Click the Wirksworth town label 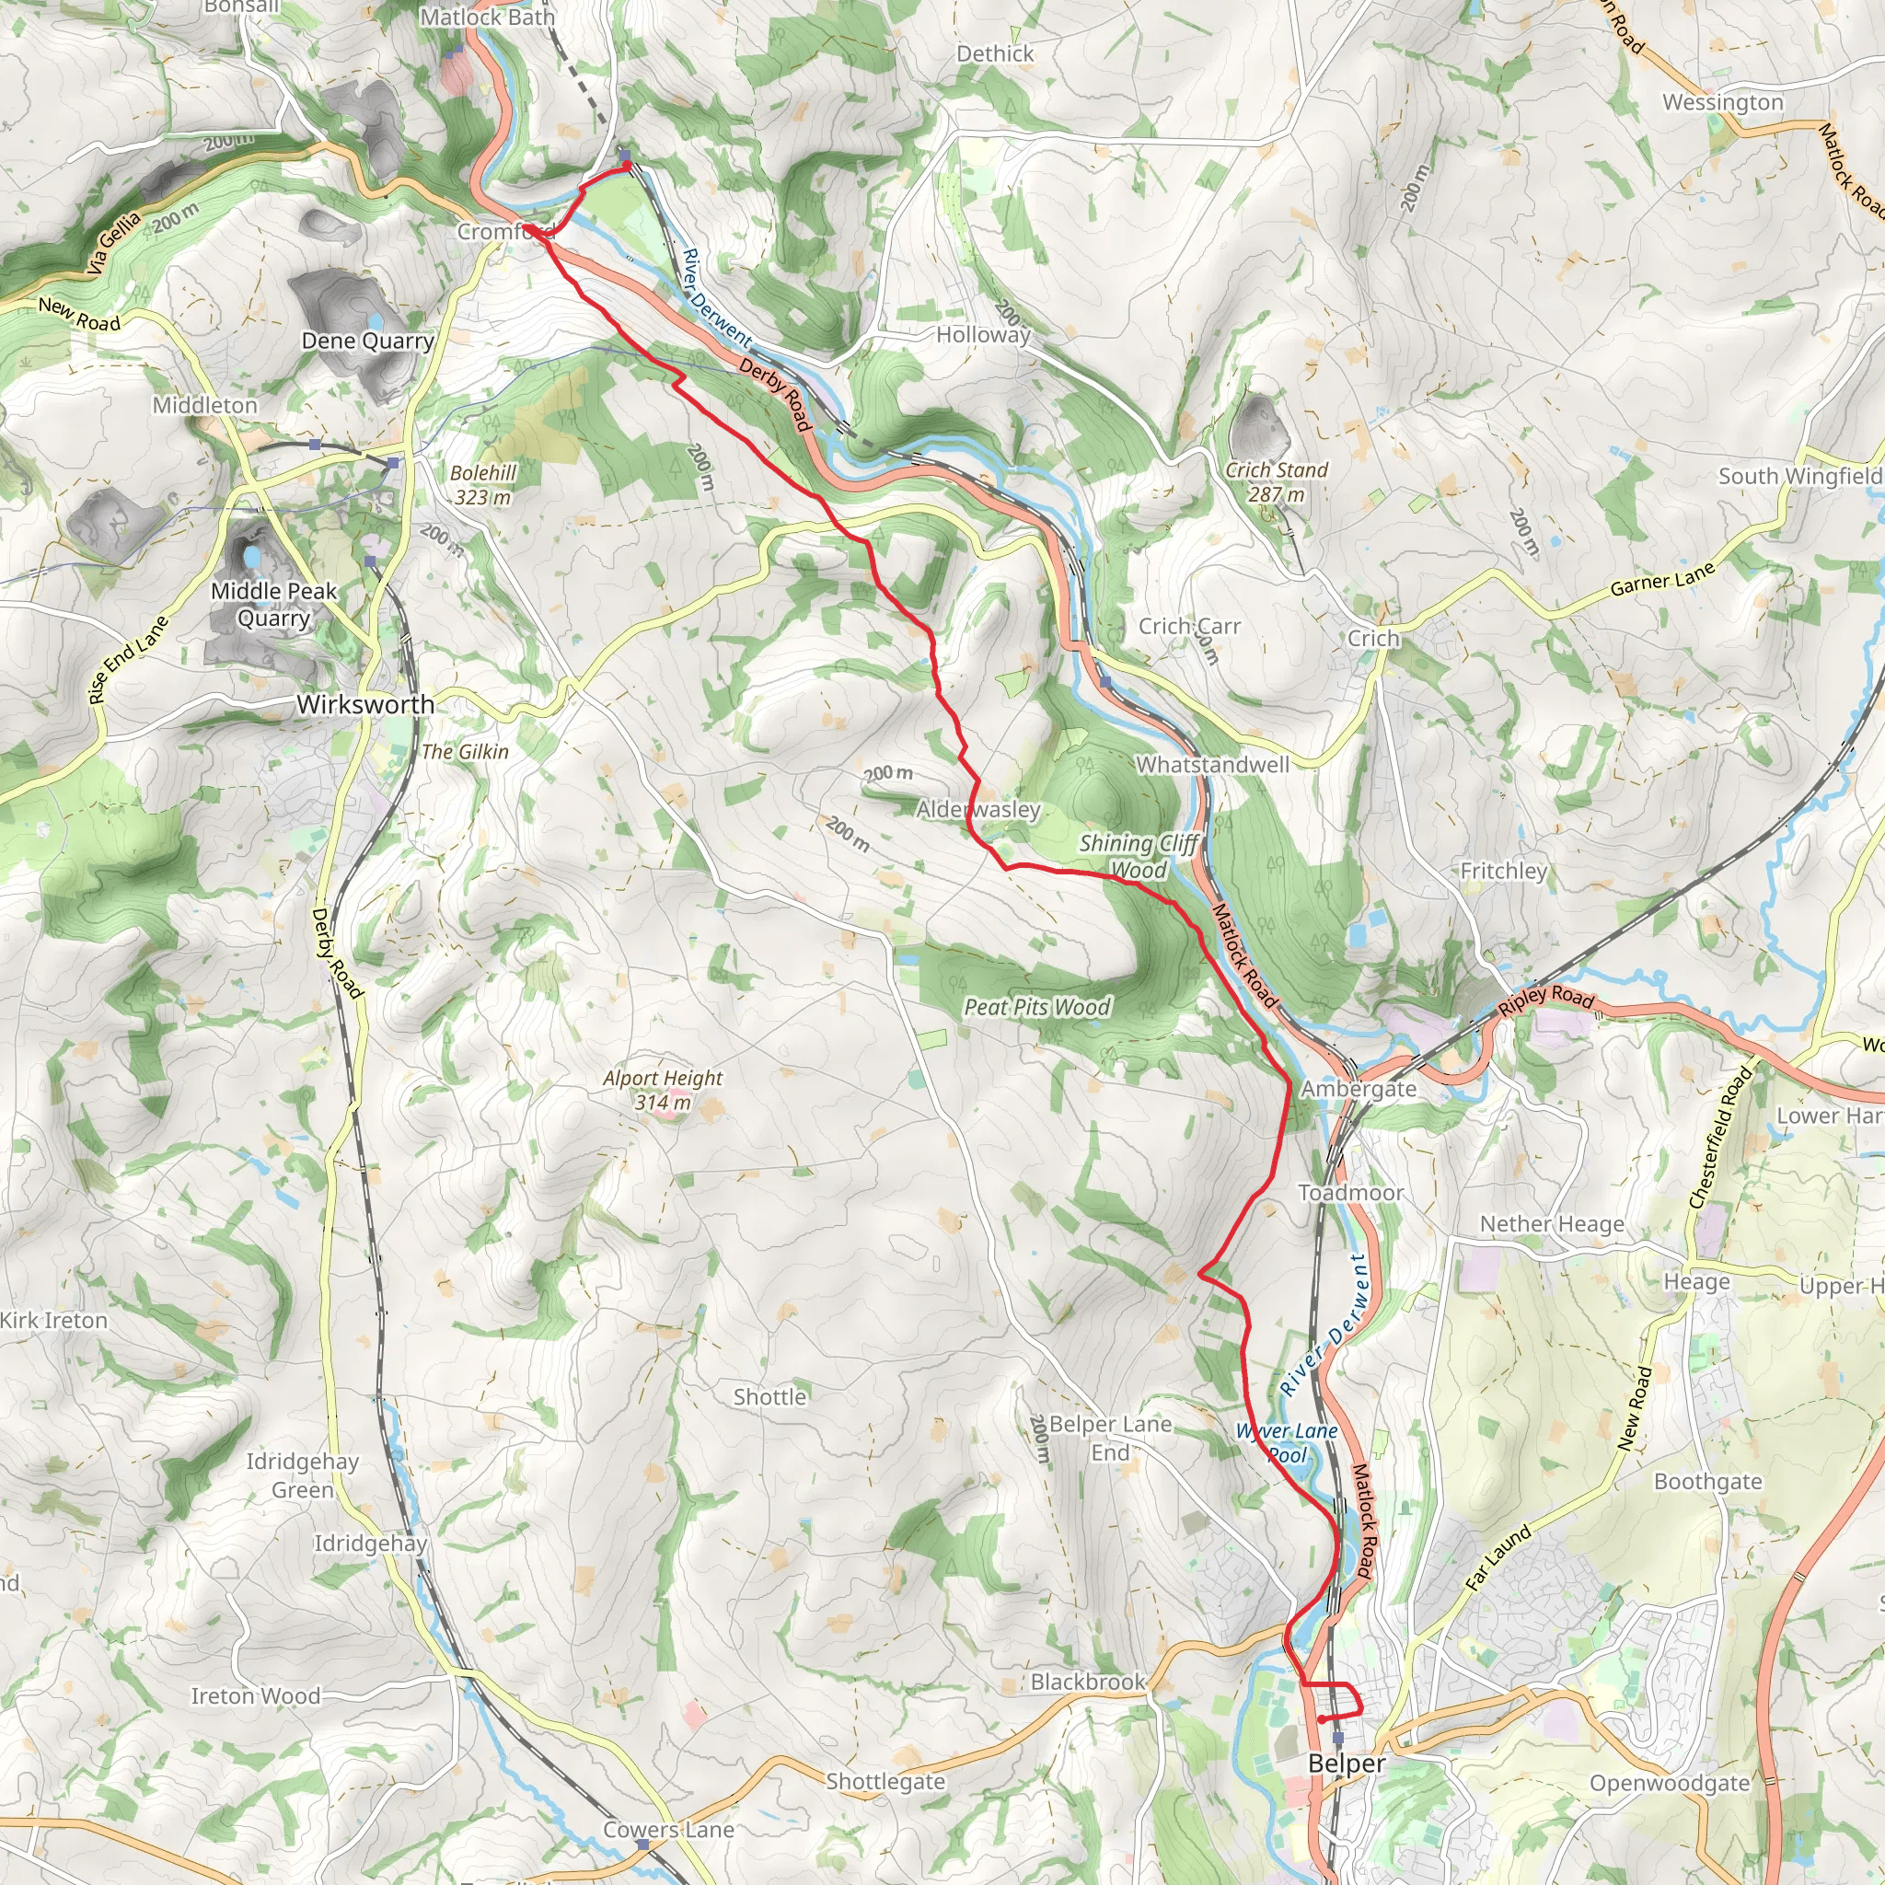coord(366,704)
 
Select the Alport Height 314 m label coord(663,1090)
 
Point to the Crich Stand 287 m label coord(1277,482)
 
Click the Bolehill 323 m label coord(483,485)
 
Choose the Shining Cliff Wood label coord(1139,856)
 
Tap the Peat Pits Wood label coord(1037,1007)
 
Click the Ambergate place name coord(1359,1089)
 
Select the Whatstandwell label coord(1213,765)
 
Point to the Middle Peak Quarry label coord(273,604)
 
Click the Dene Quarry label coord(367,341)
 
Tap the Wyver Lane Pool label coord(1287,1443)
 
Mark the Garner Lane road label coord(1661,580)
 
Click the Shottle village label coord(769,1396)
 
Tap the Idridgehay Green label coord(303,1475)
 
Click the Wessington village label coord(1723,101)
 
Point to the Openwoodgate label coord(1670,1783)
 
